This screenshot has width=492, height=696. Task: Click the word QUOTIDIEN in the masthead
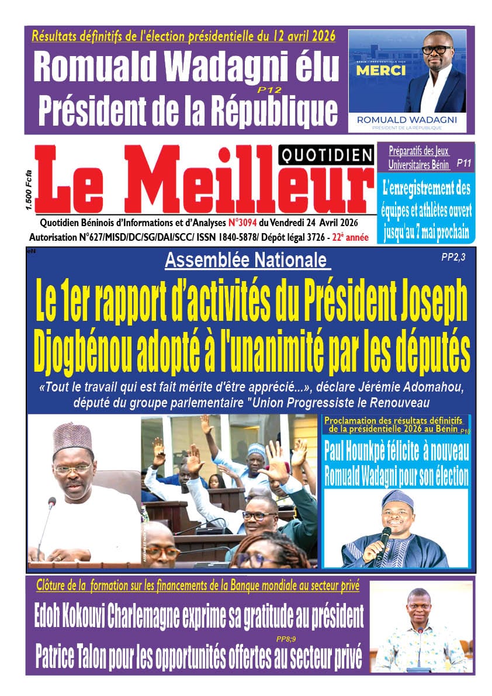[327, 155]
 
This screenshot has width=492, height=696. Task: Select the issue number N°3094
[243, 223]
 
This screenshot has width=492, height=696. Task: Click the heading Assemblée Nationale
[245, 260]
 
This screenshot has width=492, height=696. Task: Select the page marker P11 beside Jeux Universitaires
[465, 165]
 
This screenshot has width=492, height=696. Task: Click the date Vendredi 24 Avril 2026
[313, 223]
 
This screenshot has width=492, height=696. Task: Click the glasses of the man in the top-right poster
[436, 50]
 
